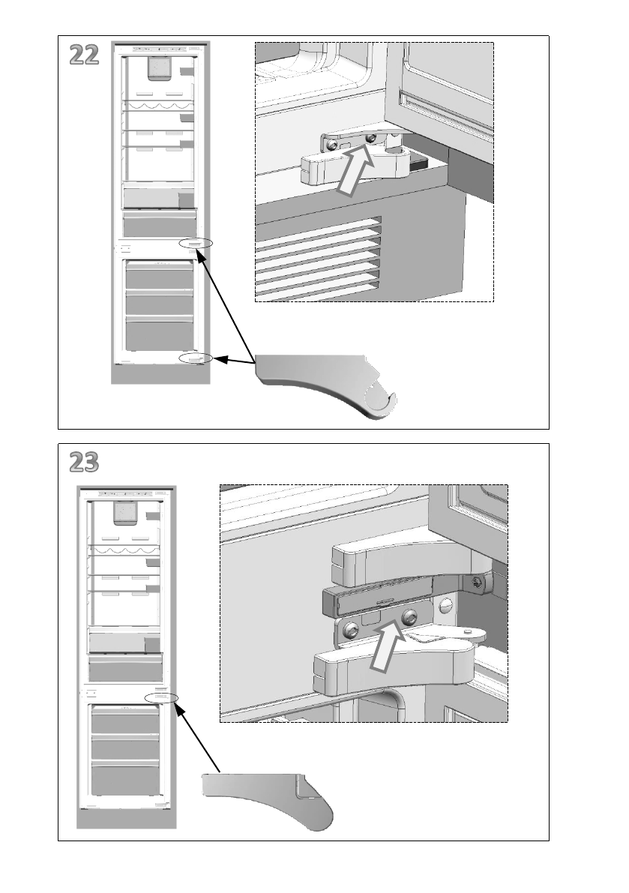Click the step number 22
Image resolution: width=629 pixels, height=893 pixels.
click(84, 55)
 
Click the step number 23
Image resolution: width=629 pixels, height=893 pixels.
click(84, 463)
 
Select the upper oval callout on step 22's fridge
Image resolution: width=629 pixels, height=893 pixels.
click(196, 244)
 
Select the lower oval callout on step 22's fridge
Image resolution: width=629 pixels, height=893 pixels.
click(196, 358)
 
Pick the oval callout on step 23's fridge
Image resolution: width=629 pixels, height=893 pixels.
click(161, 698)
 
